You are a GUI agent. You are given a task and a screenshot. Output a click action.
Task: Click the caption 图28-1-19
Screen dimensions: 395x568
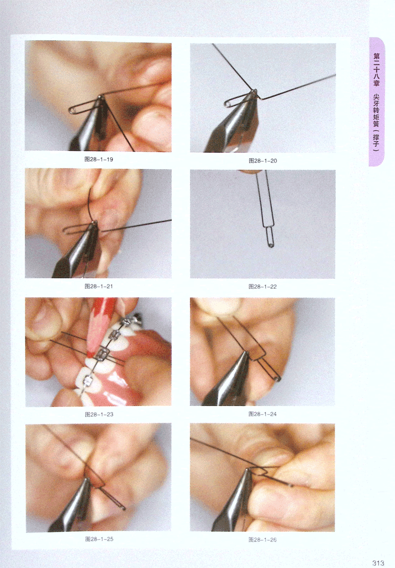pyautogui.click(x=98, y=159)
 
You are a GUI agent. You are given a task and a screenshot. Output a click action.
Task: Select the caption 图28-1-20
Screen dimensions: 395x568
pyautogui.click(x=263, y=160)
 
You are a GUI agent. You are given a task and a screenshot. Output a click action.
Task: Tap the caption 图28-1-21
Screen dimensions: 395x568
pyautogui.click(x=98, y=286)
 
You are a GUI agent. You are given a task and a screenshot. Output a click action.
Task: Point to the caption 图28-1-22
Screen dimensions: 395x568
pyautogui.click(x=262, y=287)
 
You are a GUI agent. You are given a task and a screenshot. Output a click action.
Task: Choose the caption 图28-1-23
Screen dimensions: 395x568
pyautogui.click(x=99, y=414)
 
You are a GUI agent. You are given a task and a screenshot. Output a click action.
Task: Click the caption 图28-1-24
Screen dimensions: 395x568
pyautogui.click(x=262, y=414)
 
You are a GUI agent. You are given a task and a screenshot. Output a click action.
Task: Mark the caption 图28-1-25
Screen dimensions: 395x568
pyautogui.click(x=99, y=539)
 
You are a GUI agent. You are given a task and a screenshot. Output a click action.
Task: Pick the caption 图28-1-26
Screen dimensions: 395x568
pyautogui.click(x=262, y=539)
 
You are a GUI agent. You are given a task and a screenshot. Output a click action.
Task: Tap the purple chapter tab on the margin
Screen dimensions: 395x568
pyautogui.click(x=377, y=102)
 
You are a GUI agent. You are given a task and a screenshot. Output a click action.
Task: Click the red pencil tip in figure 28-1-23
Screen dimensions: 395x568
pyautogui.click(x=89, y=353)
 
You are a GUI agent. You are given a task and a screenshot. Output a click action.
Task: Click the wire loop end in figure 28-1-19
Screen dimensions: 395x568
pyautogui.click(x=72, y=110)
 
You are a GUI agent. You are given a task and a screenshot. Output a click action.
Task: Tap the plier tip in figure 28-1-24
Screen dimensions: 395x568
pyautogui.click(x=245, y=353)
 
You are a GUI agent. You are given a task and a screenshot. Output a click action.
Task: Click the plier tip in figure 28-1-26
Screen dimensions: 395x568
pyautogui.click(x=247, y=470)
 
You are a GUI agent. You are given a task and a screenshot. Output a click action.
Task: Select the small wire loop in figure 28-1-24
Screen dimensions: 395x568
pyautogui.click(x=278, y=379)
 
